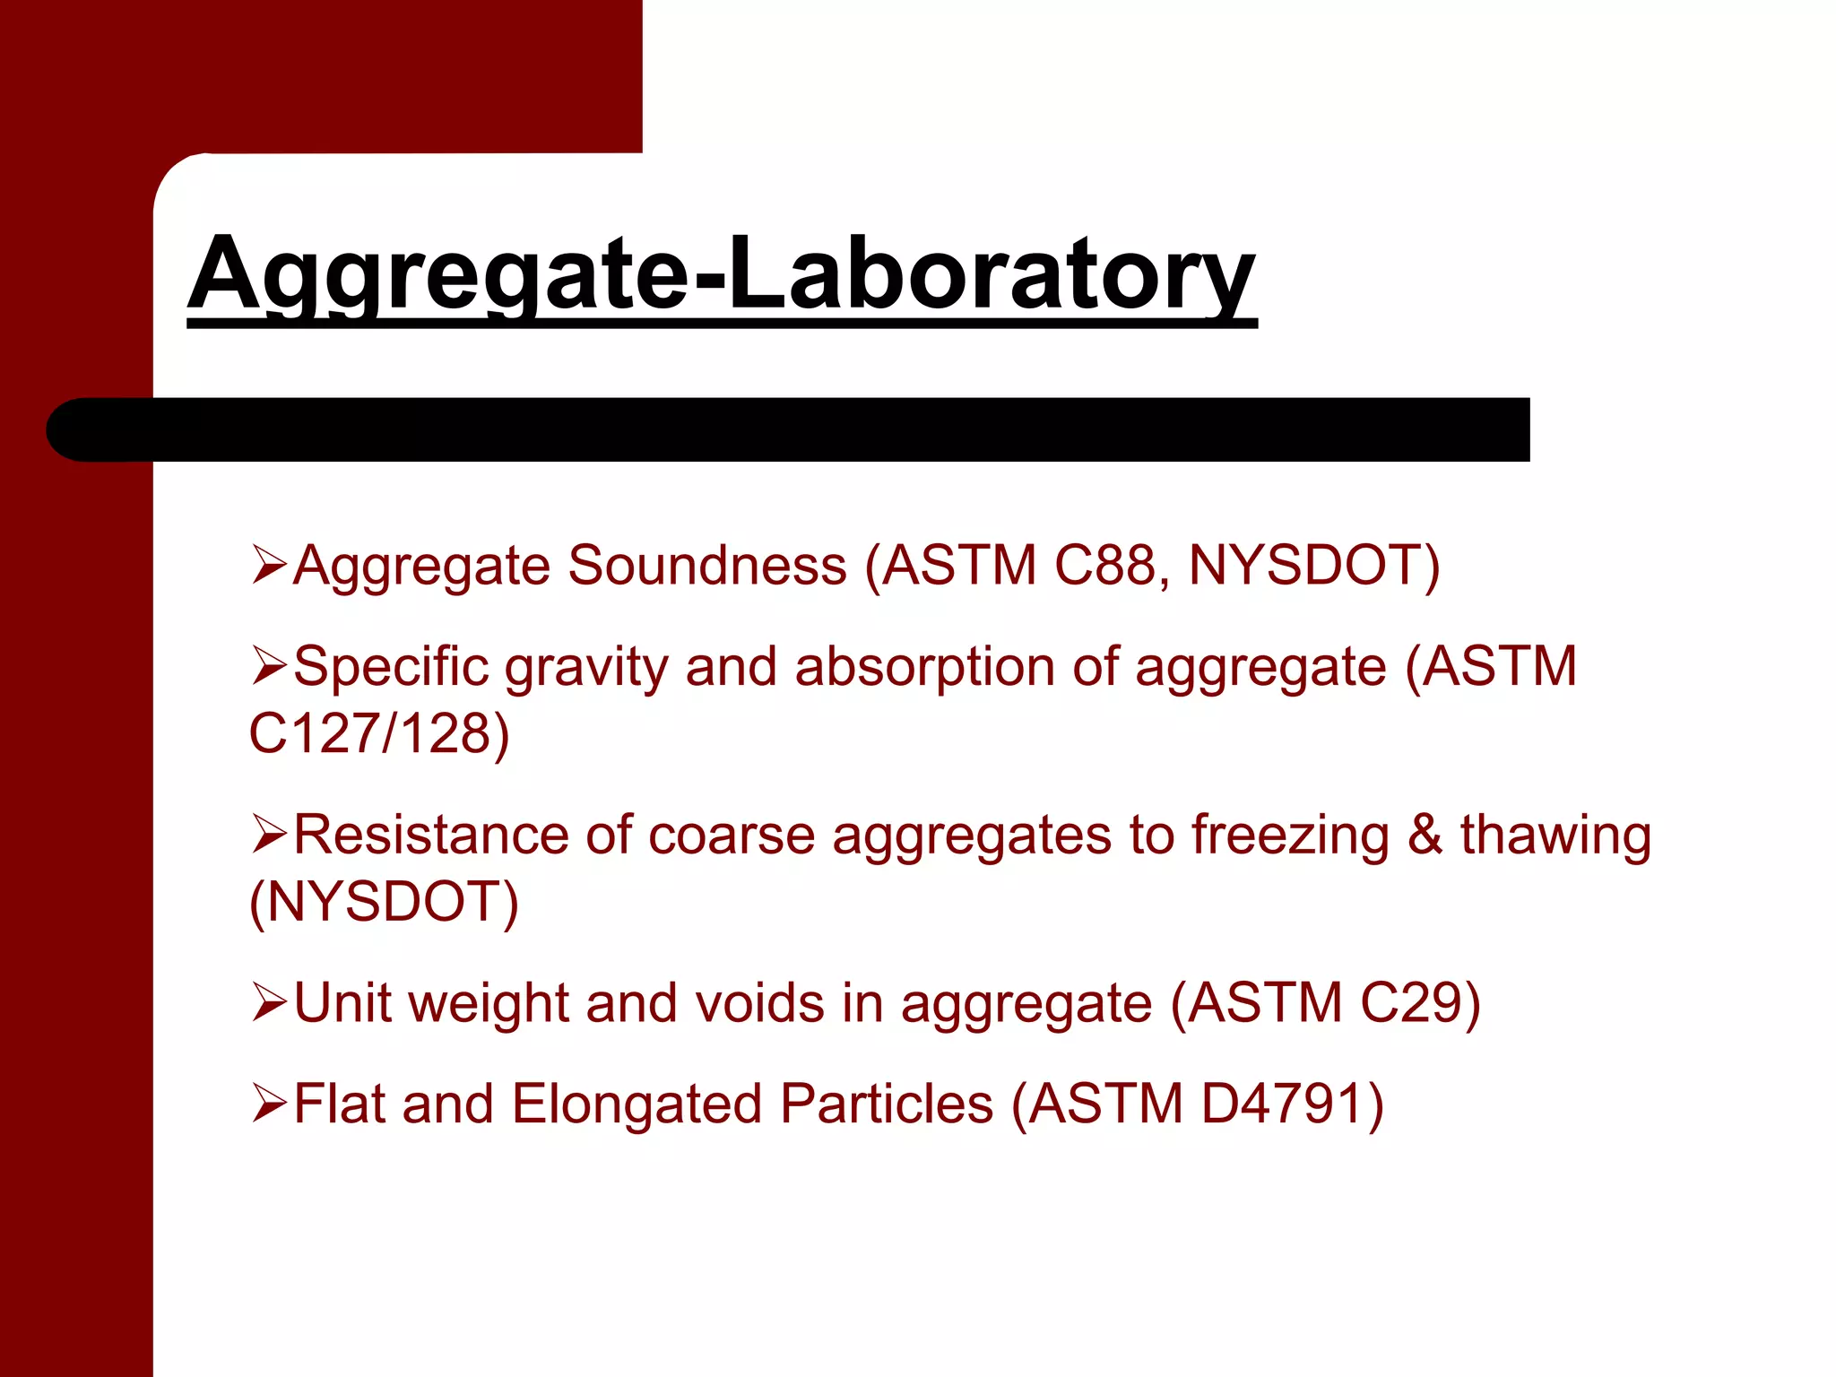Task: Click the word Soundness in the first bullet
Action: (707, 566)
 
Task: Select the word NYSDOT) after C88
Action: (1313, 566)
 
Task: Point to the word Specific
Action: (391, 668)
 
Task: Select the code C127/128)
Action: (378, 733)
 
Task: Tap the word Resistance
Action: (431, 836)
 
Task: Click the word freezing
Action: (1290, 836)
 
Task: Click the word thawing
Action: (1555, 836)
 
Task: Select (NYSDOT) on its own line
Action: (384, 902)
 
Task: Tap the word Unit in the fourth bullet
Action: (342, 1002)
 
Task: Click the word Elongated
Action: (637, 1104)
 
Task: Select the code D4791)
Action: (1292, 1104)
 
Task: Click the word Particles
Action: (887, 1104)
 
